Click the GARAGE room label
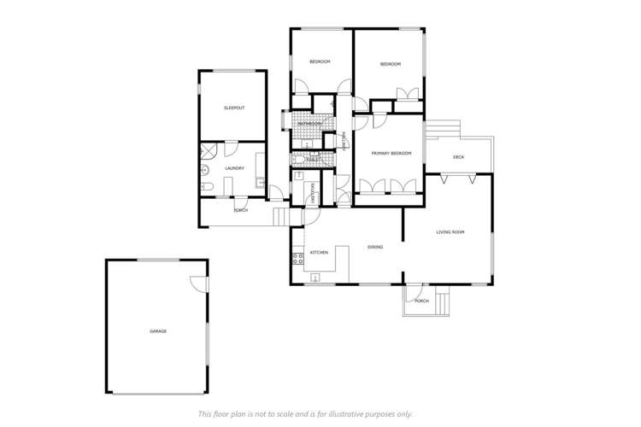tap(158, 330)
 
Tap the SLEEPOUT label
tap(233, 108)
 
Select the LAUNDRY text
tap(234, 168)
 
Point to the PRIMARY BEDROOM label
tap(391, 153)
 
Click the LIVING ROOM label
tap(450, 231)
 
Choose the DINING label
tap(374, 247)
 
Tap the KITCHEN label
tap(320, 253)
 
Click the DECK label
tap(458, 156)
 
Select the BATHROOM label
tap(309, 124)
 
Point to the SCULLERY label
tap(314, 193)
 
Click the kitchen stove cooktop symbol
tap(297, 257)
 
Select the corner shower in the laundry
tap(208, 152)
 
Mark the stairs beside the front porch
tap(442, 301)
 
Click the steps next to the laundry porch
tap(280, 217)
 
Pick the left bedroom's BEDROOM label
tap(320, 62)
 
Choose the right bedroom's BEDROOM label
tap(391, 64)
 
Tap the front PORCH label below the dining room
tap(420, 301)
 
